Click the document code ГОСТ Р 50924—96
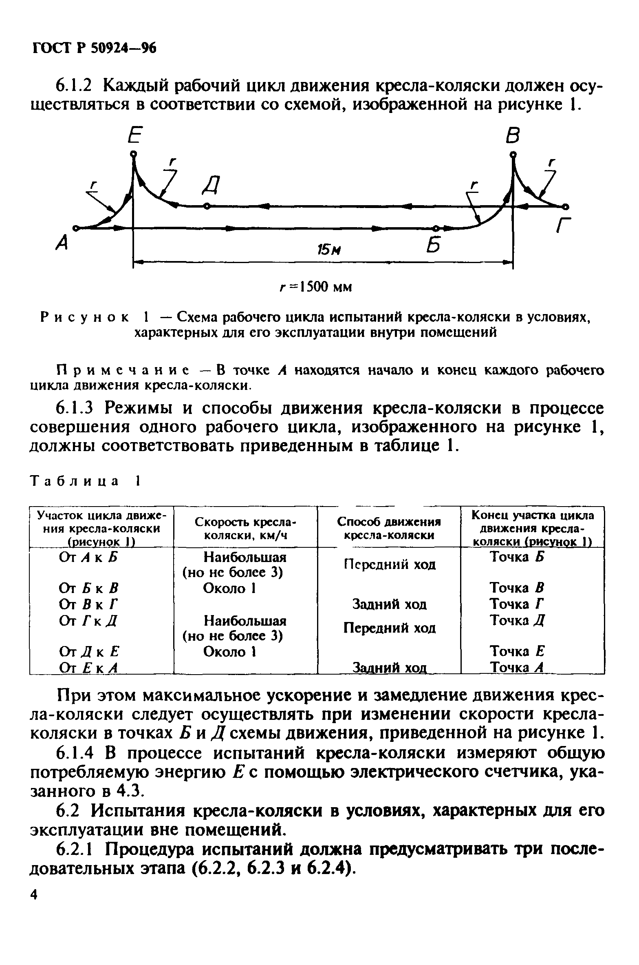pos(94,48)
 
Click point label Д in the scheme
pos(211,187)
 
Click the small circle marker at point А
pos(75,228)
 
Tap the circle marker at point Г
pos(566,206)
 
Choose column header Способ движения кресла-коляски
pos(389,528)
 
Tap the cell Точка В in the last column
pos(517,588)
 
